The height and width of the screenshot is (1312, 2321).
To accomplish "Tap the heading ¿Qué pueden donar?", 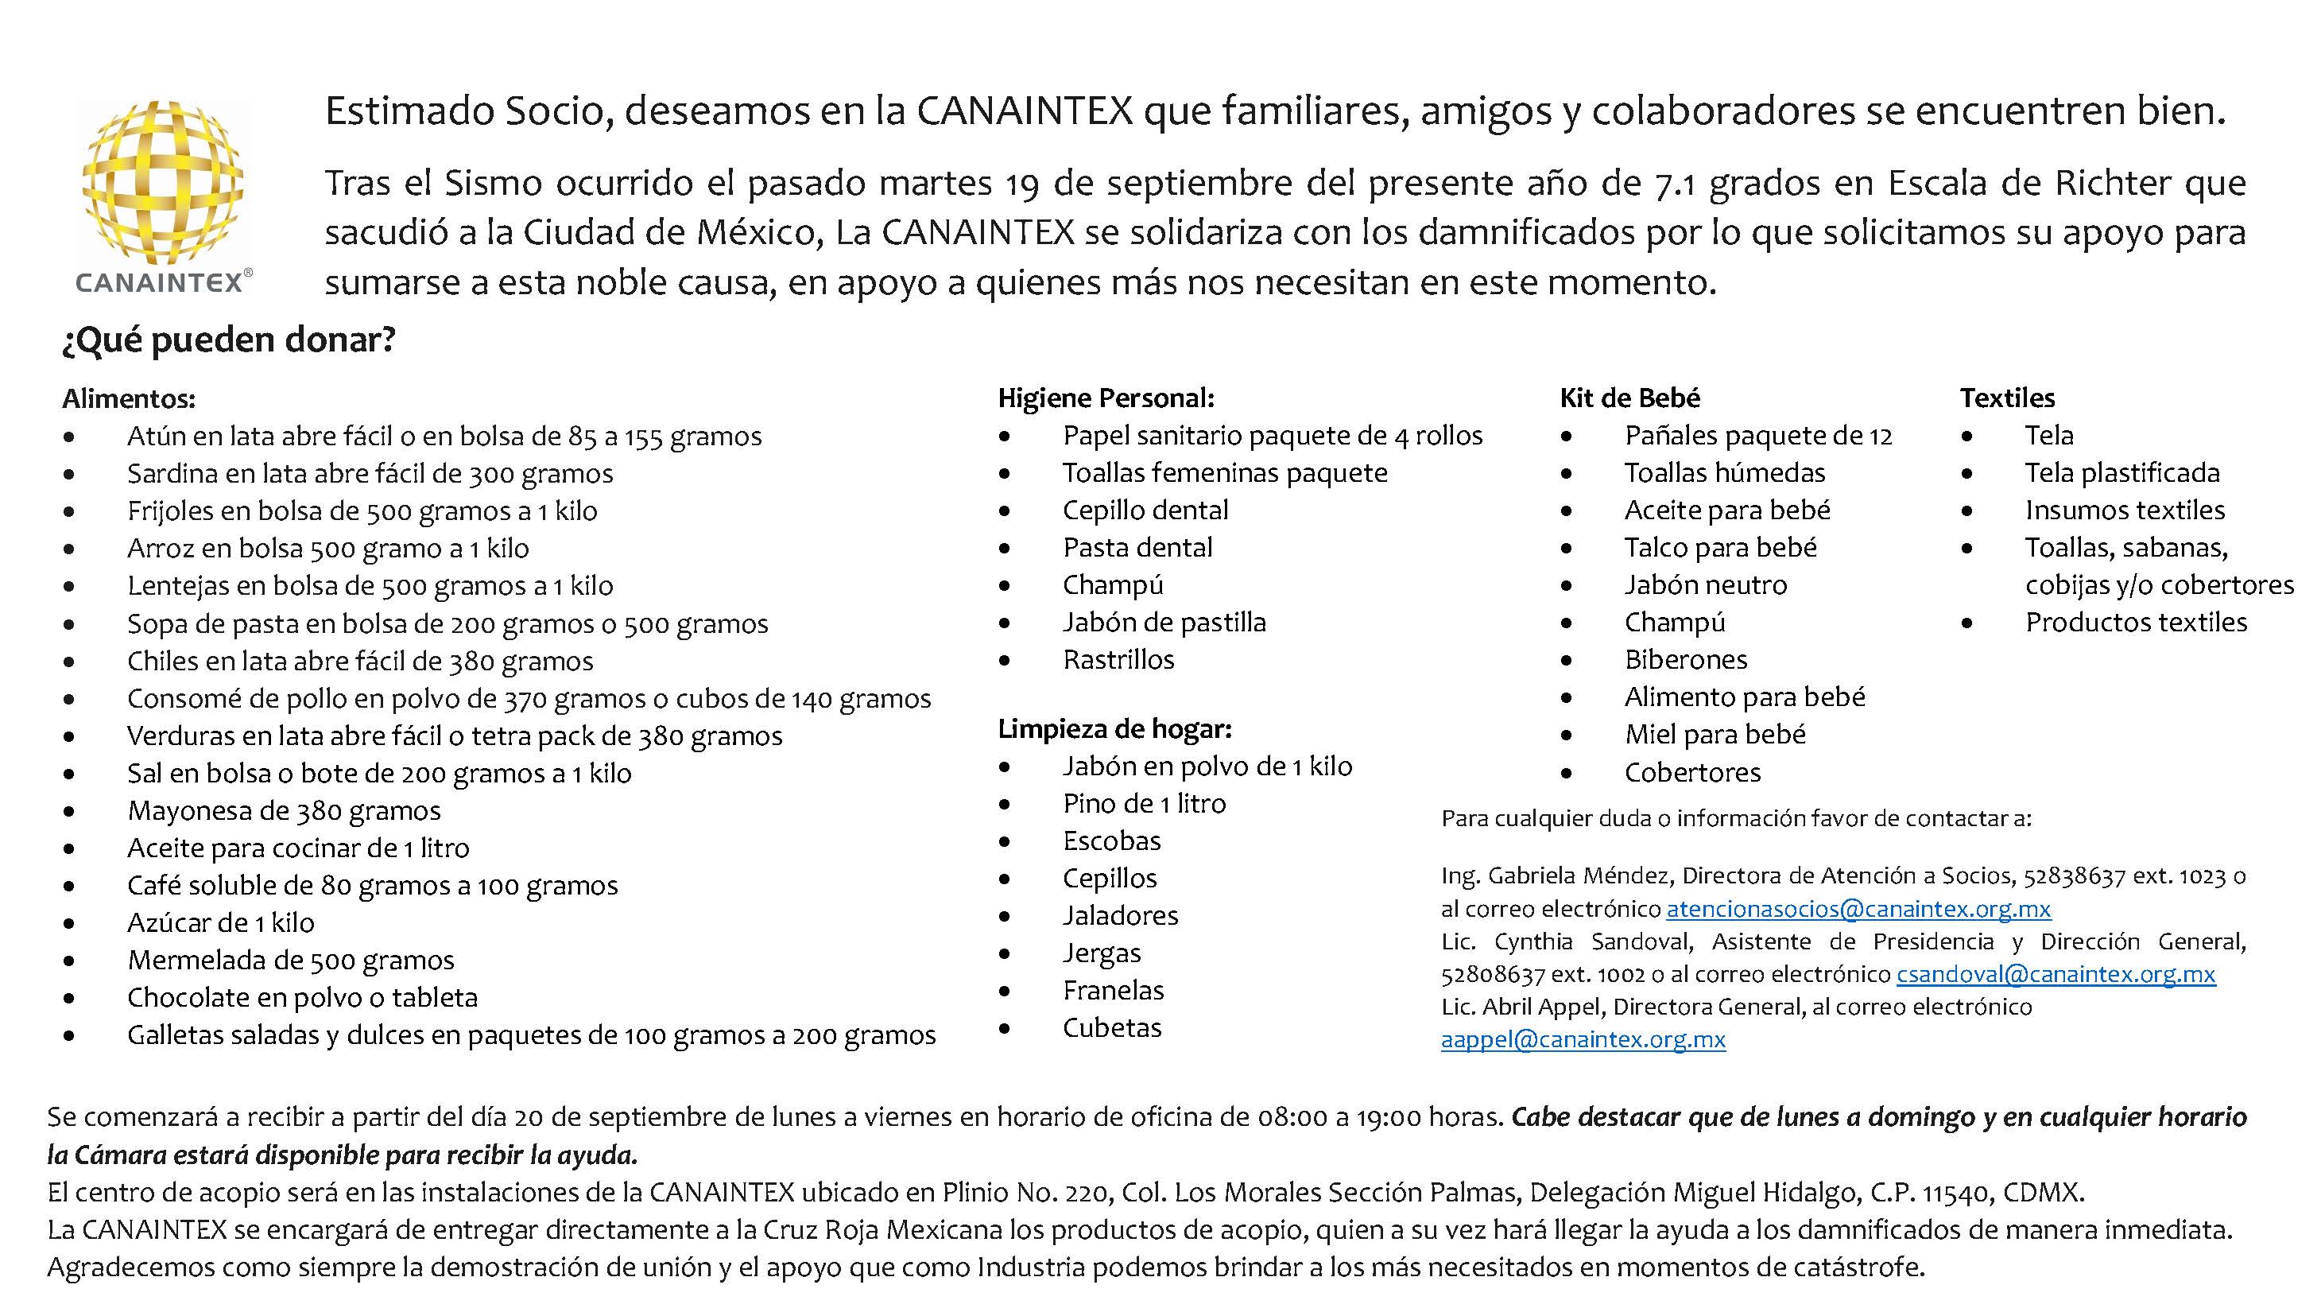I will tap(229, 340).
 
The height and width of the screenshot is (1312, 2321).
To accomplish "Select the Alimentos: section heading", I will tap(129, 398).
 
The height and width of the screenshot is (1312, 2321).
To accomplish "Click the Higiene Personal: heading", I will tap(1106, 398).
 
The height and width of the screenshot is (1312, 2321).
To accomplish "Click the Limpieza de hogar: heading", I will tap(1114, 729).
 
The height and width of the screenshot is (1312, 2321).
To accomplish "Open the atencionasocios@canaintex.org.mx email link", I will tap(1858, 909).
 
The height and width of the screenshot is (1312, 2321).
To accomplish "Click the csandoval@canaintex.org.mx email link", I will tap(2056, 974).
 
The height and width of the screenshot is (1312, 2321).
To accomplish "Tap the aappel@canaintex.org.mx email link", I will tap(1582, 1040).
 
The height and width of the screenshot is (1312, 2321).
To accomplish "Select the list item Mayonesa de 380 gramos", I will tap(284, 811).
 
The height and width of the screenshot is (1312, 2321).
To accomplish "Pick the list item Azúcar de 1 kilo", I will tap(221, 922).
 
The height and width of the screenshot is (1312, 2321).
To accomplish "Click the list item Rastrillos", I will tap(1118, 660).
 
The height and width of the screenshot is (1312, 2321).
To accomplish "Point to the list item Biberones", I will tap(1685, 660).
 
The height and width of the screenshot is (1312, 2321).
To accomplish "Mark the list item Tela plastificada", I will tap(2121, 473).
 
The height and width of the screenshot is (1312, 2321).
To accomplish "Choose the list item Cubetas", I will tap(1112, 1028).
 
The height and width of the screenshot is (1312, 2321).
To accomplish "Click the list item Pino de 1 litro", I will tap(1145, 804).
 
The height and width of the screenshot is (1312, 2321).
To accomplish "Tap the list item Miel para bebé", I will tap(1715, 735).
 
